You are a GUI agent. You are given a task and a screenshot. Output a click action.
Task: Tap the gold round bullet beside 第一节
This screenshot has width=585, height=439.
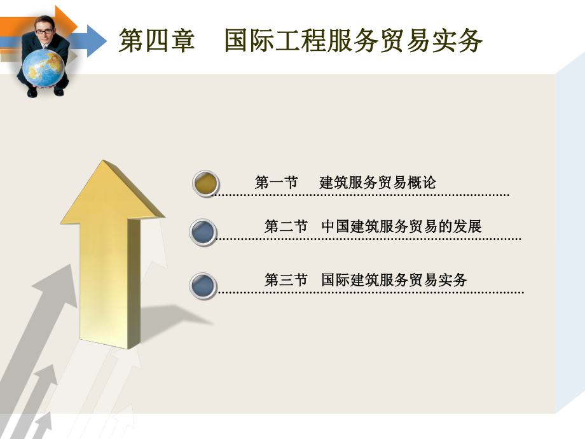[x=206, y=183]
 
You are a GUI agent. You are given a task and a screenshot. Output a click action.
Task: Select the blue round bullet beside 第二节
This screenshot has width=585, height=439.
[x=203, y=232]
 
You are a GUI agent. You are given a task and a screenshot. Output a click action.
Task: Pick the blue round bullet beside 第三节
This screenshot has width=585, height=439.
[x=203, y=286]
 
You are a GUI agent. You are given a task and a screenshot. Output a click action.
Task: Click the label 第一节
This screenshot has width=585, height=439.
[x=276, y=183]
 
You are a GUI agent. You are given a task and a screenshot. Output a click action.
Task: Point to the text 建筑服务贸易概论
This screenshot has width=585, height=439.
[x=378, y=183]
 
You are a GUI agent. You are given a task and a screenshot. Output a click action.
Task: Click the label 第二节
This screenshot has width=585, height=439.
[x=286, y=226]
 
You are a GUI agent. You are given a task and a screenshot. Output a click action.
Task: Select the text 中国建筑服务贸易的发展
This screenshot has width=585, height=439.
[x=401, y=226]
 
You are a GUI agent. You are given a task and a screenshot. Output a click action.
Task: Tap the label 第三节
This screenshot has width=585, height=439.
[x=286, y=280]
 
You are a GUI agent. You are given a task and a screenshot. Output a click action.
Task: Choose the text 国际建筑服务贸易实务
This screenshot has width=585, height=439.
[x=394, y=280]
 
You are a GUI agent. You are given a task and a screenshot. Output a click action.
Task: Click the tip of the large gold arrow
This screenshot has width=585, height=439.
[x=102, y=164]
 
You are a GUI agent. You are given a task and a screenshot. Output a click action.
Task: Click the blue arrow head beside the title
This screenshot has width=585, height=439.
[x=95, y=40]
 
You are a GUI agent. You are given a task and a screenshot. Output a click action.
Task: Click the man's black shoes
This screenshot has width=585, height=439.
[x=45, y=92]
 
